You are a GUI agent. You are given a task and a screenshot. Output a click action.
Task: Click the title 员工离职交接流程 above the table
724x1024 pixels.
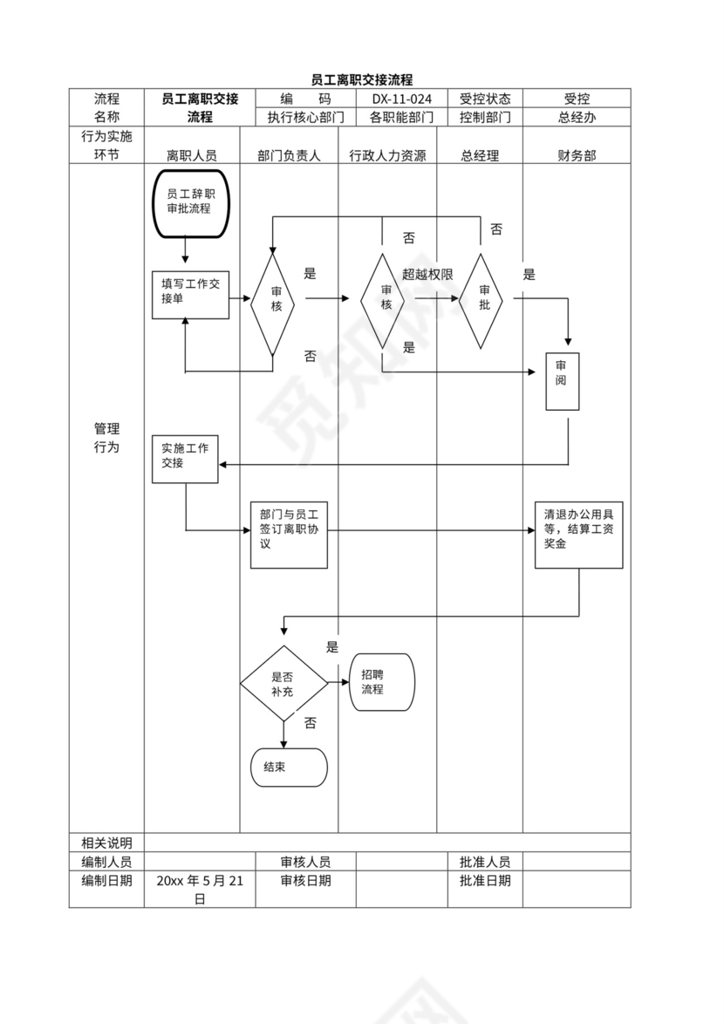pyautogui.click(x=362, y=79)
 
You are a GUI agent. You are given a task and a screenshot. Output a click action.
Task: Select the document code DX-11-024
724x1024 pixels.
pyautogui.click(x=401, y=99)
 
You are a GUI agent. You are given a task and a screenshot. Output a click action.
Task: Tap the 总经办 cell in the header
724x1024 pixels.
pyautogui.click(x=577, y=117)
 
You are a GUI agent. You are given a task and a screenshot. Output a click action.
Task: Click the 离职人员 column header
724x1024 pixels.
pyautogui.click(x=192, y=155)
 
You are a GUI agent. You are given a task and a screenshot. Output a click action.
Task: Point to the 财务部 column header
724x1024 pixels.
pyautogui.click(x=577, y=155)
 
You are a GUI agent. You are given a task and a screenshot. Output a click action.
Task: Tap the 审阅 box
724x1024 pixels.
pyautogui.click(x=562, y=381)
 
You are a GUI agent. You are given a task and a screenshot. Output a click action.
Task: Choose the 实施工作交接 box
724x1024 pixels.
pyautogui.click(x=185, y=457)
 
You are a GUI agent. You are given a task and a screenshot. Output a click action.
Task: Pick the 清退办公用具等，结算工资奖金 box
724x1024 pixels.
pyautogui.click(x=578, y=535)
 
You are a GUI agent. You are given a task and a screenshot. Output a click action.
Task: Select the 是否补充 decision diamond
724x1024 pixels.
pyautogui.click(x=283, y=684)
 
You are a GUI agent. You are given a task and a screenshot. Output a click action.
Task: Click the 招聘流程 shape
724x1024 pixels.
pyautogui.click(x=381, y=681)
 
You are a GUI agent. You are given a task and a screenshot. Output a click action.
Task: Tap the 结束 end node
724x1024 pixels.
pyautogui.click(x=288, y=768)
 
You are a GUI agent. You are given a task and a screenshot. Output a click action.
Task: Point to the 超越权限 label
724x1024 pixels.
pyautogui.click(x=427, y=274)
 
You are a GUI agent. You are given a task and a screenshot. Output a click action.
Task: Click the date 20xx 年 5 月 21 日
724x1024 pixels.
pyautogui.click(x=200, y=890)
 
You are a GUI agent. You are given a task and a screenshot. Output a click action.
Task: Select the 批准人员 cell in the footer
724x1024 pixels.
pyautogui.click(x=485, y=862)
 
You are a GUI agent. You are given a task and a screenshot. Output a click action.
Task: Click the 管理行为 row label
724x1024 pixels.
pyautogui.click(x=106, y=438)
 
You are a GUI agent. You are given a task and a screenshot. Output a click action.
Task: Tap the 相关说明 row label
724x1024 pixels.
pyautogui.click(x=106, y=843)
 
